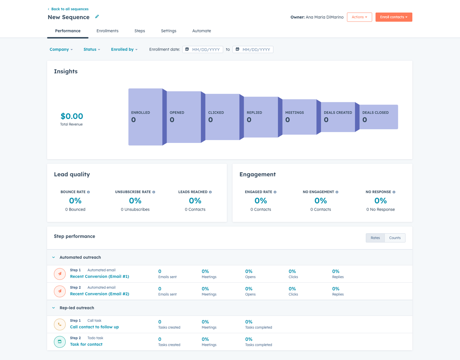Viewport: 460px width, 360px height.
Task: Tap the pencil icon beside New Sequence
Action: pos(97,17)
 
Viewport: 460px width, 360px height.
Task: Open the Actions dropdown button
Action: pos(359,17)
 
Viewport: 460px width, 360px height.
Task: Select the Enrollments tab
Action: pos(107,31)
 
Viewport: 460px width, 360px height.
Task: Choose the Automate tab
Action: pos(201,31)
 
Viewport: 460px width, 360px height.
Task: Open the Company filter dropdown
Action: pos(61,49)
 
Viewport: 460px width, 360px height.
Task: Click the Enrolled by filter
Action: pos(124,49)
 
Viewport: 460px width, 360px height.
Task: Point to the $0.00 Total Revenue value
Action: pos(72,116)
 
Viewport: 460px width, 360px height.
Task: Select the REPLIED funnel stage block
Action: pos(261,117)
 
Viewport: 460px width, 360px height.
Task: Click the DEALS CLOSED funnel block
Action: pos(379,117)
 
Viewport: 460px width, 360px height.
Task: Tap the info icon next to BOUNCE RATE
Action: pos(89,192)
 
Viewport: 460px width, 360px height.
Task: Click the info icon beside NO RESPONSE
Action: pos(394,192)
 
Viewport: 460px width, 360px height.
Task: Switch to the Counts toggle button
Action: pos(395,238)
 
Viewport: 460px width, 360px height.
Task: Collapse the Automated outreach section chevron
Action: pos(54,257)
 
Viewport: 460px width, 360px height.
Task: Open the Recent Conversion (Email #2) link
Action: pos(99,294)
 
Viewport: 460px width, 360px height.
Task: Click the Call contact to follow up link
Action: pos(94,327)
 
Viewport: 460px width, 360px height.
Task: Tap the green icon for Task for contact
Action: pos(60,342)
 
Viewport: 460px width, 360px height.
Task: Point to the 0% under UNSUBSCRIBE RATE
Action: pos(135,201)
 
